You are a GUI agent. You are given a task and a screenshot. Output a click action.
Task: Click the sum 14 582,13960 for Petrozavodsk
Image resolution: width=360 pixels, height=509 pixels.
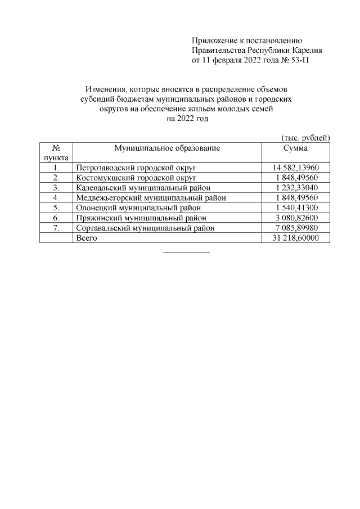[x=296, y=168]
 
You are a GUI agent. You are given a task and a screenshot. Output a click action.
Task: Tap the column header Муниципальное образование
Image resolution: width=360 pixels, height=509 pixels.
[x=167, y=148]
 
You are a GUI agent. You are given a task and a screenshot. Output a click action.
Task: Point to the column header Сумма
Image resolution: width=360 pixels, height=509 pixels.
[x=296, y=148]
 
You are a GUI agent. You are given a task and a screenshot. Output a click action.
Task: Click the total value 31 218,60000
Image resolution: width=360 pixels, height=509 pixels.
[x=296, y=238]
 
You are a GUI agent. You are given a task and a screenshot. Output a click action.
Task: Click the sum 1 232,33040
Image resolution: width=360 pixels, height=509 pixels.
[x=296, y=188]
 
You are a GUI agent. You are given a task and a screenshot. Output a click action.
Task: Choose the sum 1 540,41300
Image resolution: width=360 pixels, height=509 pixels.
[x=296, y=208]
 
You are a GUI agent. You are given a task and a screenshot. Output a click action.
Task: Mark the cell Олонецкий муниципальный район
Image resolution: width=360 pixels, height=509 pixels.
[x=138, y=208]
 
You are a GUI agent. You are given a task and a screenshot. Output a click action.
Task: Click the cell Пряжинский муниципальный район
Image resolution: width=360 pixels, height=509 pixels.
[x=141, y=218]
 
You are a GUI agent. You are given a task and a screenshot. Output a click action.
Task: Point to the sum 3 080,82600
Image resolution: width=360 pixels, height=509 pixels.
[x=296, y=218]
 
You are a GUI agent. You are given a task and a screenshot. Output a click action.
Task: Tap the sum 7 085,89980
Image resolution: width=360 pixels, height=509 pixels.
[x=296, y=228]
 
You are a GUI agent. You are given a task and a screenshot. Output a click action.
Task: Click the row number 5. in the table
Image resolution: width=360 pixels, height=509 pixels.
[x=56, y=208]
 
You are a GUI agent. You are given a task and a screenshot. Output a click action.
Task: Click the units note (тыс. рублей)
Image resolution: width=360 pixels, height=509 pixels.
[x=305, y=138]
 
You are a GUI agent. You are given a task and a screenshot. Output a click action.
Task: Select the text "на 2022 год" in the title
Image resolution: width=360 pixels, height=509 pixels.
[x=187, y=119]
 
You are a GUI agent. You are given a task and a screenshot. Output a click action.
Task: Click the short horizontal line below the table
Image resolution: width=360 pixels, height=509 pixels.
[x=186, y=251]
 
